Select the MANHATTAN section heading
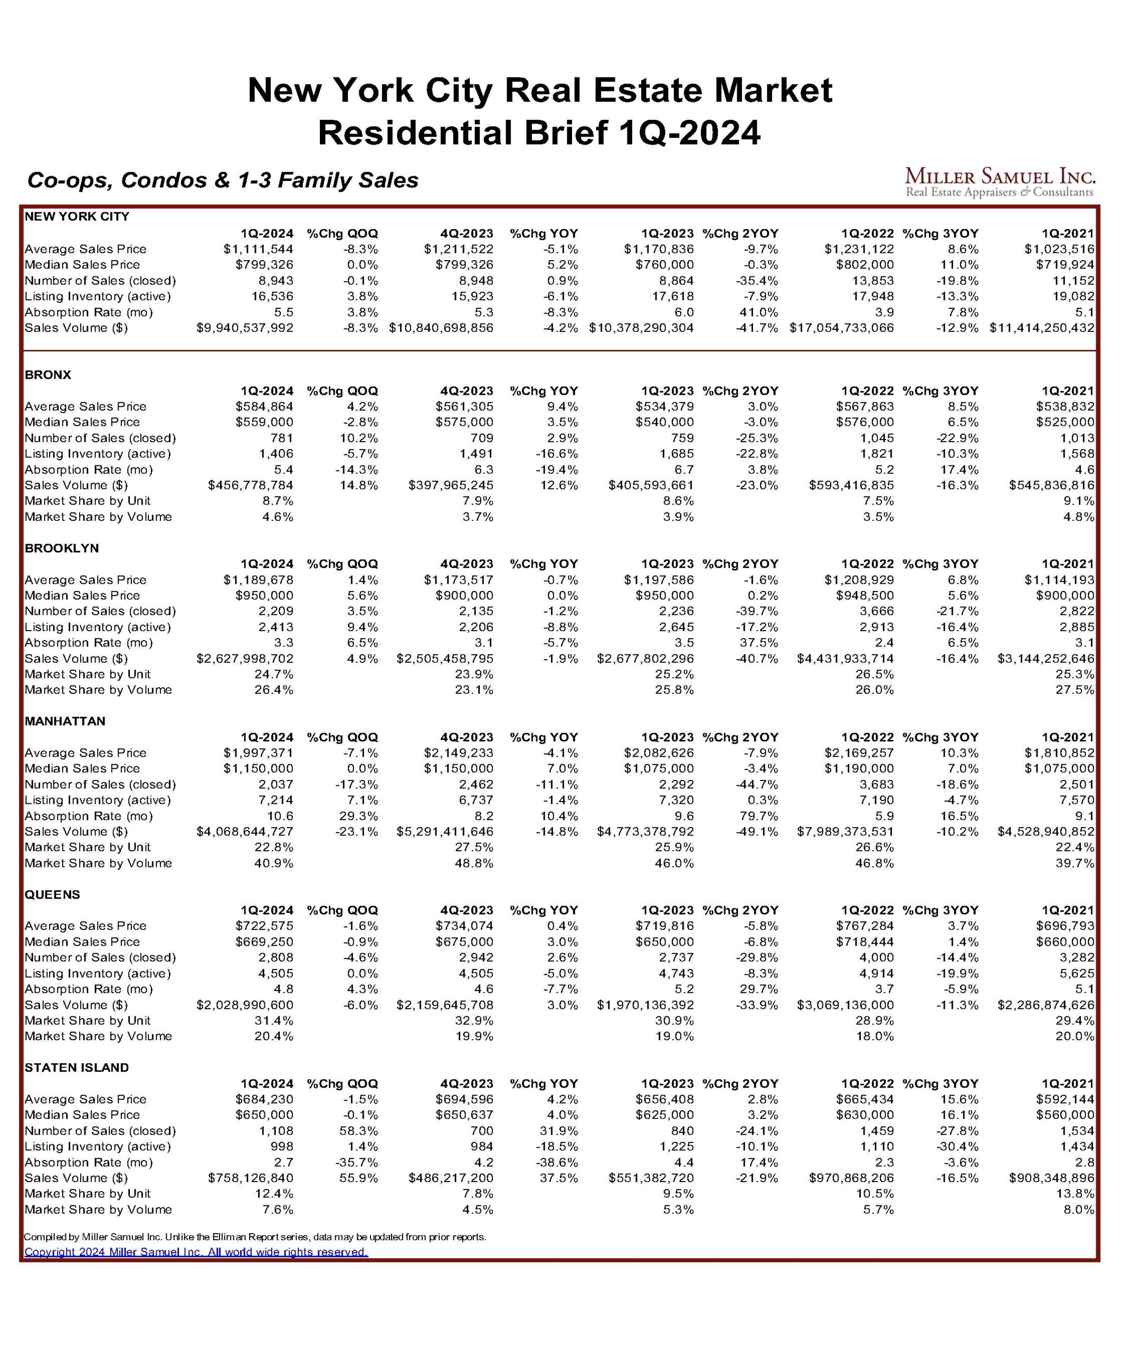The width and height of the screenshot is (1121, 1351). (x=65, y=721)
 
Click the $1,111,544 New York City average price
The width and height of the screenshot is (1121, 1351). (x=258, y=249)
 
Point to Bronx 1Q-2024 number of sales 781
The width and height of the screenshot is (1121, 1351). (x=281, y=438)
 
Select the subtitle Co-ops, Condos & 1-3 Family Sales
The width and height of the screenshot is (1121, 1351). (x=223, y=180)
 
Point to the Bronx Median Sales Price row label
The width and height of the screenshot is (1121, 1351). (x=82, y=422)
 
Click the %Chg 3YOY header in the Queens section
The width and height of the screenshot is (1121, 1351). (x=940, y=910)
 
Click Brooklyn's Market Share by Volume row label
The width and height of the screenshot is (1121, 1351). (x=99, y=690)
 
